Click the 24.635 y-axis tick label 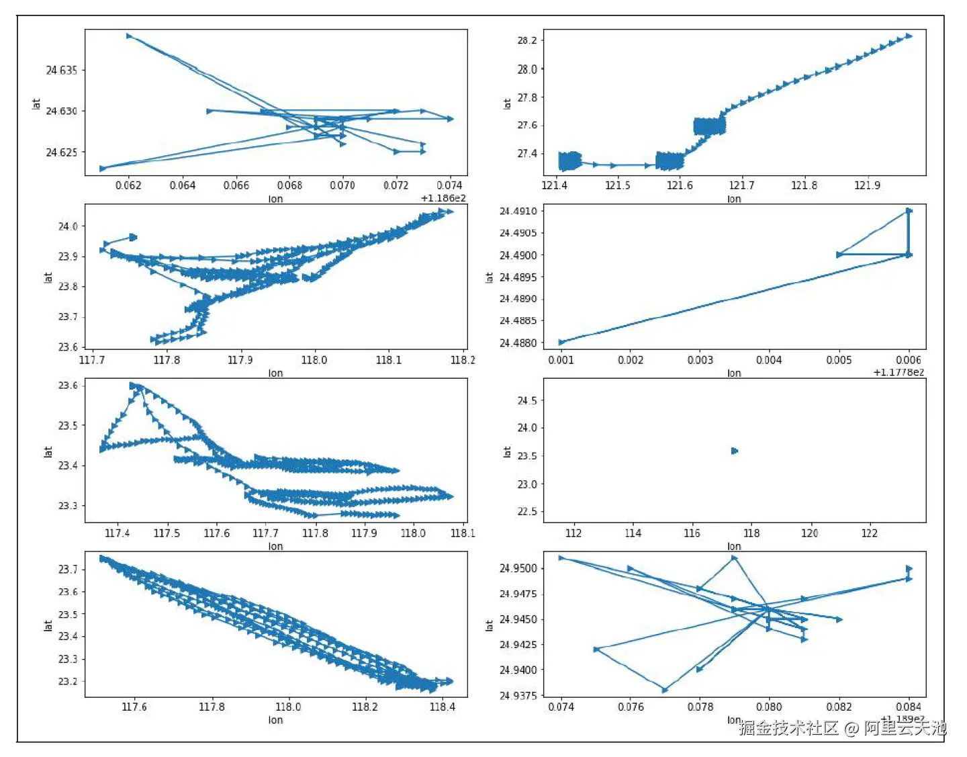coord(61,70)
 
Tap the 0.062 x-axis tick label coord(128,185)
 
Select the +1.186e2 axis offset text coord(443,198)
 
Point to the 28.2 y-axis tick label coord(527,40)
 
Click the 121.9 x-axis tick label coord(867,185)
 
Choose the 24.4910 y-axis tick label coord(518,211)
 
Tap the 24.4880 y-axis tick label coord(518,343)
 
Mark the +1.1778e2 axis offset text coord(899,372)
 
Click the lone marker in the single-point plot coord(734,451)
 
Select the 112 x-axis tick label coord(573,533)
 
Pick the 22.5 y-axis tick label coord(527,512)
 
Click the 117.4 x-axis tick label coord(118,533)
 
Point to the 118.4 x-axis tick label coord(442,707)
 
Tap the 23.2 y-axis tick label coord(68,681)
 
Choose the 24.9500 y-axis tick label coord(518,568)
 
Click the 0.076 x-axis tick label coord(631,707)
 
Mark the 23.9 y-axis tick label coord(68,256)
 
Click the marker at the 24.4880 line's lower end coord(562,343)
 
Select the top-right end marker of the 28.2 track coord(909,36)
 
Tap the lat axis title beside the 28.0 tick coord(507,103)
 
